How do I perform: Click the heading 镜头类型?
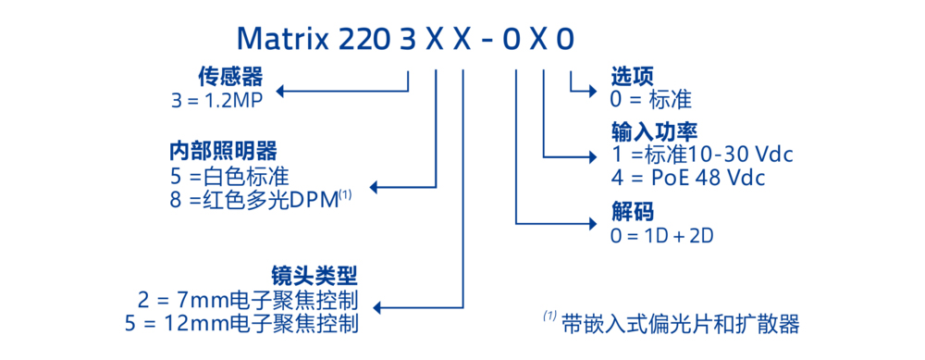(314, 275)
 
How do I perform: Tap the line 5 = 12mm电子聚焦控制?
(241, 324)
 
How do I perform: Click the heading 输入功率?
(653, 130)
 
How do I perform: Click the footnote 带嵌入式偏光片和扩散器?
(680, 324)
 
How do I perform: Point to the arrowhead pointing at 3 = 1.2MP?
(284, 91)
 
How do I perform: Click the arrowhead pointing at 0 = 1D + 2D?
(595, 223)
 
